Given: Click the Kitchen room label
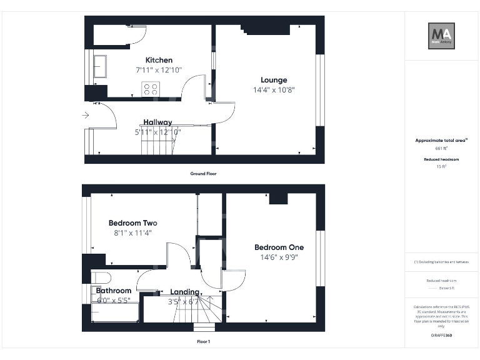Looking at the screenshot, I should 159,60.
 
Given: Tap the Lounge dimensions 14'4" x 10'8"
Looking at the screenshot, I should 274,89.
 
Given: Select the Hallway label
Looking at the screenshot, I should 158,122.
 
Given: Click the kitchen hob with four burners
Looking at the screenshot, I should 151,89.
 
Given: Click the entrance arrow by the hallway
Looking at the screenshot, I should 86,115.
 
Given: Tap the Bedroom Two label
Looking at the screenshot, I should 132,223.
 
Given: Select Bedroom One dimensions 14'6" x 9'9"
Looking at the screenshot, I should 279,257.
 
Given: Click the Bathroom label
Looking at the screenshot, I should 114,291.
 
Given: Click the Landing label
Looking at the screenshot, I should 184,292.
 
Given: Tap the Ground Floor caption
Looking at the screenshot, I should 203,173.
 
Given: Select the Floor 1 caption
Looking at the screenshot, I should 203,342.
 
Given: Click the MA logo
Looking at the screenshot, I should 441,36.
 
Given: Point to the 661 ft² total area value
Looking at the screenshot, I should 441,149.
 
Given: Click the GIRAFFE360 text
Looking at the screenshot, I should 441,336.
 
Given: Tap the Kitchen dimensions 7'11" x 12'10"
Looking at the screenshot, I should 159,70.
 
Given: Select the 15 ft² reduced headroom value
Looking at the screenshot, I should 441,167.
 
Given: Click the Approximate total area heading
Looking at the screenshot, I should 441,141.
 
